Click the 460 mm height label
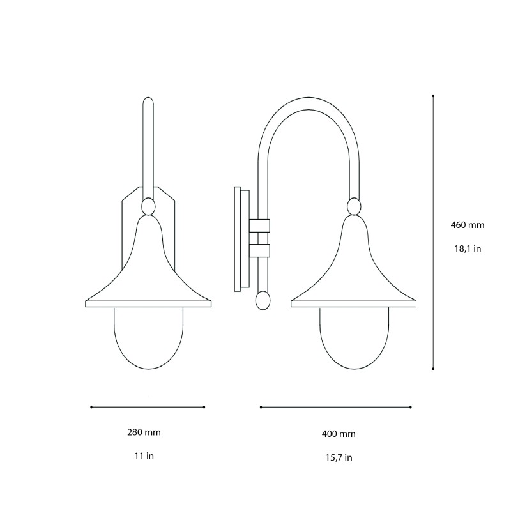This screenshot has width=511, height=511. coord(468,225)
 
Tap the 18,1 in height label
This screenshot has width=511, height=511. coord(468,248)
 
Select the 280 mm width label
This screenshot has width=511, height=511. coord(144,432)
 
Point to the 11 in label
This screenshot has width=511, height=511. coord(144,456)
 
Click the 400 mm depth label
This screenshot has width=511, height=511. coord(339,434)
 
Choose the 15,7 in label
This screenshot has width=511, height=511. coord(339,457)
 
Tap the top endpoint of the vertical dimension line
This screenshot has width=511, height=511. coord(434,96)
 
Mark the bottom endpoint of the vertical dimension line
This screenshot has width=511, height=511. coord(434,369)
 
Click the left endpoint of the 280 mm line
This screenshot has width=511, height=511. coord(91,407)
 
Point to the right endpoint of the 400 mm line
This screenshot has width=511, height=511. coord(411,407)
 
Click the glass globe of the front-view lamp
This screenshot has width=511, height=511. coord(148,339)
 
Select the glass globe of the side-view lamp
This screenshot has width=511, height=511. coord(353,339)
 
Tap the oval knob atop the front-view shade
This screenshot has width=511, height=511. coord(148,206)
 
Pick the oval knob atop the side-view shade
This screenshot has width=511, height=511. coord(353,206)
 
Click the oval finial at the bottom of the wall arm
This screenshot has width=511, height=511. coord(262,300)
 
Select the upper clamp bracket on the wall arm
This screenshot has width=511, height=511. coord(259,225)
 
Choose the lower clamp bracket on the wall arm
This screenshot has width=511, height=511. coord(259,250)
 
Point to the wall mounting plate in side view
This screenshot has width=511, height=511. coord(240,240)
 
